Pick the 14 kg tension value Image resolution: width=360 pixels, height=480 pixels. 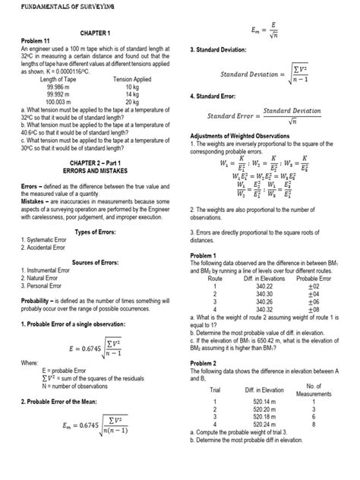[131, 95]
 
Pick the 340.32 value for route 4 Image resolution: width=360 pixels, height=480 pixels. [265, 310]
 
